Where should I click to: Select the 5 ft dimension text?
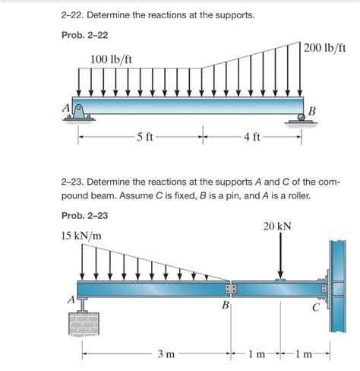[x=144, y=138]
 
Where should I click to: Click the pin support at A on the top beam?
[x=79, y=110]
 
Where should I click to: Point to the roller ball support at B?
[x=303, y=114]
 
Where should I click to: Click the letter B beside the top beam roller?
[x=311, y=113]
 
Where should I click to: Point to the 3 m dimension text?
[x=166, y=355]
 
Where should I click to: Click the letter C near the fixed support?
[x=315, y=307]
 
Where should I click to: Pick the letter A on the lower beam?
[x=71, y=300]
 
